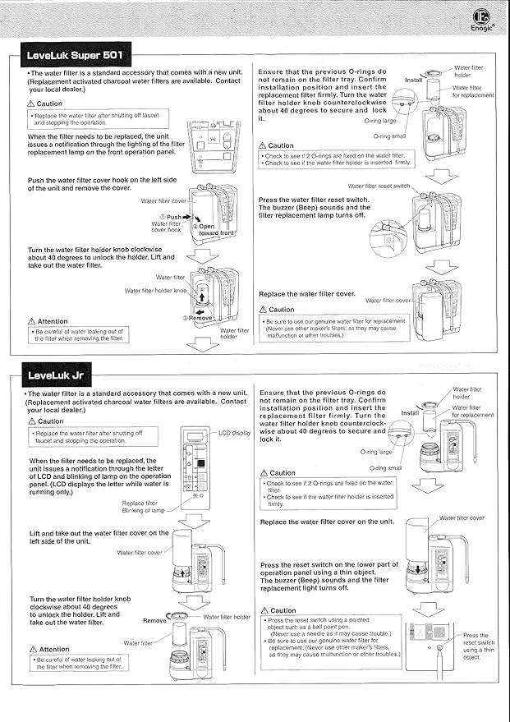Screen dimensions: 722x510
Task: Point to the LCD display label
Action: [235, 432]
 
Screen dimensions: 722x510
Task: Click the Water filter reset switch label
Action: [379, 186]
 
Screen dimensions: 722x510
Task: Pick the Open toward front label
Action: [214, 229]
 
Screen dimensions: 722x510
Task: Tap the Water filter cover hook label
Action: [165, 226]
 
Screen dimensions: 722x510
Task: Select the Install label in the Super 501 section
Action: [414, 80]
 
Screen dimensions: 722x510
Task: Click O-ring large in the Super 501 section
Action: [379, 121]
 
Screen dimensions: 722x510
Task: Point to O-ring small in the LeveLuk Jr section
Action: [385, 467]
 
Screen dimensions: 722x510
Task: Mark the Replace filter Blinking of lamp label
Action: [145, 507]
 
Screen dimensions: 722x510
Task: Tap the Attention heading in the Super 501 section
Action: [48, 321]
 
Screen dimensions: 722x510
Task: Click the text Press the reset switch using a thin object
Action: [478, 646]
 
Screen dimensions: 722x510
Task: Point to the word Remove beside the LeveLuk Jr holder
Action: [154, 621]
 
